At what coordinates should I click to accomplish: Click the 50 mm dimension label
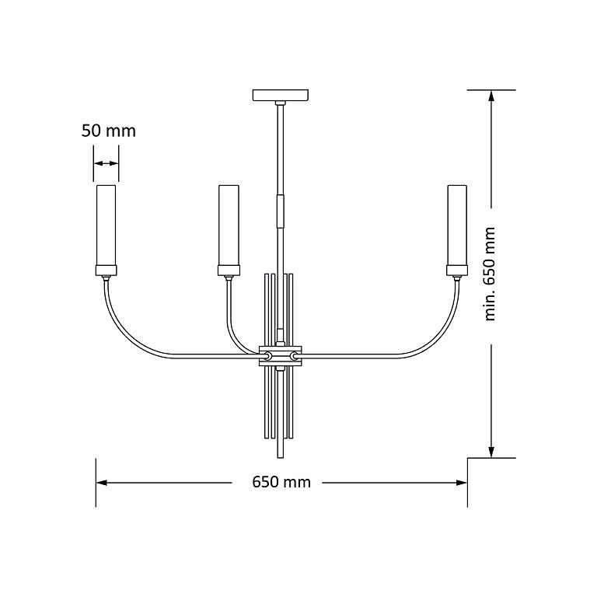coord(108,131)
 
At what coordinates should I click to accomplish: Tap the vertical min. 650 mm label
coord(489,274)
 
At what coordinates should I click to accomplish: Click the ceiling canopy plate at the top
coord(281,96)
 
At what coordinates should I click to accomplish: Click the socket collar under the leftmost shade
coord(106,271)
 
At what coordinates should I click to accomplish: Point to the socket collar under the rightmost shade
coord(456,271)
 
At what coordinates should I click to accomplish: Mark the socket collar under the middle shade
coord(229,271)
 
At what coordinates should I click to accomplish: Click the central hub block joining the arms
coord(281,356)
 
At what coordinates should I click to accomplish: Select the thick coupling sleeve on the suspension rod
coord(281,210)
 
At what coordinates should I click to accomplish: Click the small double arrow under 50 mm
coord(106,163)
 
